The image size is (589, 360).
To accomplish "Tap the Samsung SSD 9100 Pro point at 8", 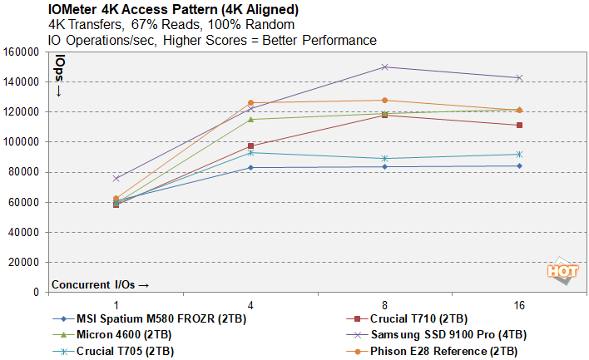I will coord(385,67).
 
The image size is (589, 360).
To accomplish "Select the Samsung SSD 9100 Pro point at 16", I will coord(519,77).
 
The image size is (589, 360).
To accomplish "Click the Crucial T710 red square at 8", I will coord(385,115).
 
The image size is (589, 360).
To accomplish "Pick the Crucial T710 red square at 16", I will coord(519,126).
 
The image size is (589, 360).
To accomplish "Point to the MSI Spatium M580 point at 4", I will coord(250,168).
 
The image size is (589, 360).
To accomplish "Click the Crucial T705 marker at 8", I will coord(385,158).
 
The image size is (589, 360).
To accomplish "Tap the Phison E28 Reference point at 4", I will coord(250,103).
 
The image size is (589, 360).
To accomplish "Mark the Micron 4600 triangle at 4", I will coord(250,119).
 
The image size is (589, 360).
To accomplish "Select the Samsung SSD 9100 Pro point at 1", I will coord(116,178).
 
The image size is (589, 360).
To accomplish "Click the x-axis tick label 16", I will coord(519,306).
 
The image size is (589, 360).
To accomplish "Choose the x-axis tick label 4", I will coord(250,306).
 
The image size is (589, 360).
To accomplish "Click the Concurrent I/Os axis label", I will coord(100,284).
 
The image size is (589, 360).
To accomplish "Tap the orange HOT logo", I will coord(562,273).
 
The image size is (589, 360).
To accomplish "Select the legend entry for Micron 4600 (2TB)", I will coord(117,335).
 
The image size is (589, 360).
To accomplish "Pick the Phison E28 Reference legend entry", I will coord(445,351).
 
